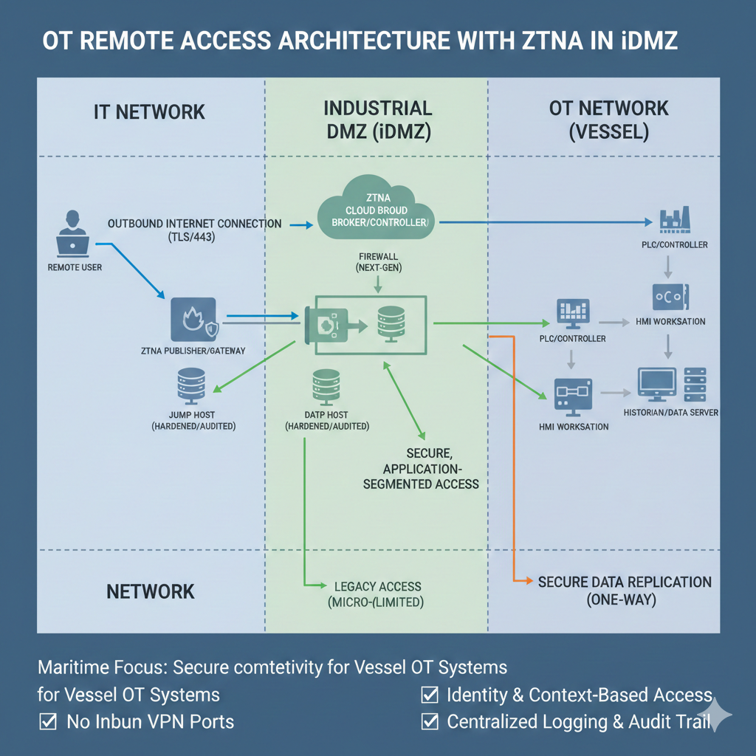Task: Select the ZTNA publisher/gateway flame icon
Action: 192,320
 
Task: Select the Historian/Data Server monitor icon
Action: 656,383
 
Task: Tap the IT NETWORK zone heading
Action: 150,112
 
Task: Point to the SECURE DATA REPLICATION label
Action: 624,590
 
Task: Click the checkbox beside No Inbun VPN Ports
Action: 48,721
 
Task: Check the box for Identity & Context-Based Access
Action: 428,695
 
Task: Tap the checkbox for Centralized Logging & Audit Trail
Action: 428,721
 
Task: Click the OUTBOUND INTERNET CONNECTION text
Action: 194,223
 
